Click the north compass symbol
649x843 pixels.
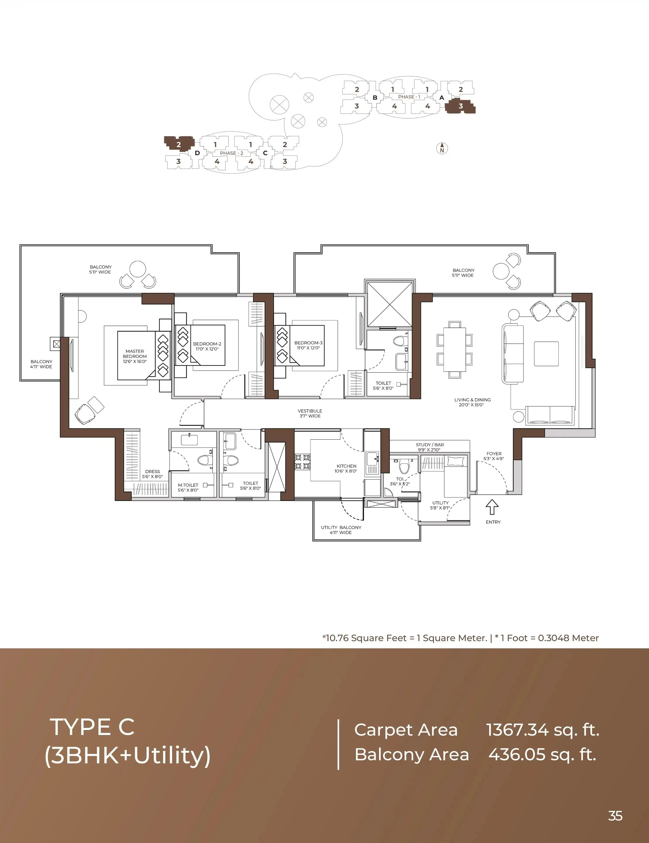tap(442, 148)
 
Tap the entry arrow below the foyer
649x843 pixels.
tap(492, 507)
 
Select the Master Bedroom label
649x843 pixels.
tap(135, 356)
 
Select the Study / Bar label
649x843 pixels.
tap(430, 447)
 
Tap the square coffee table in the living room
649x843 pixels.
tap(546, 354)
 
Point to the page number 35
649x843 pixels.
tap(615, 816)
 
